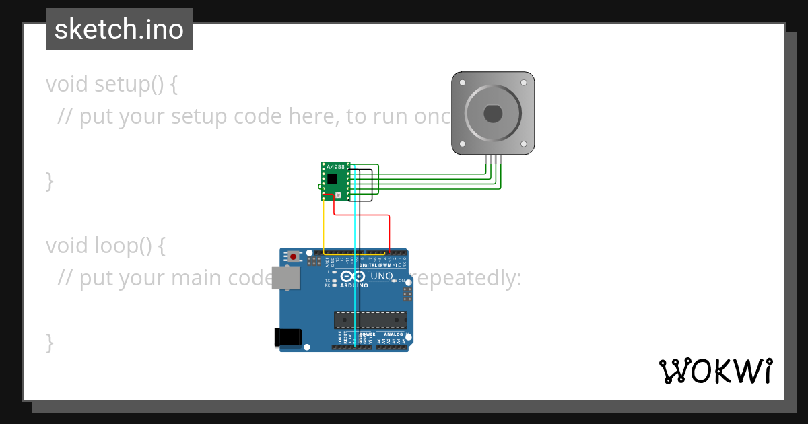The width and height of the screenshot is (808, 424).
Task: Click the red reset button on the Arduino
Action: (293, 256)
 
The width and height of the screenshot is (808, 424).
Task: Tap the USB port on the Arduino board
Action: (287, 277)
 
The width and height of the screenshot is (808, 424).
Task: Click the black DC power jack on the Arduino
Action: (288, 337)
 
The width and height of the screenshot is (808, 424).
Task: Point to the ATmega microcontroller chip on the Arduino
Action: (370, 320)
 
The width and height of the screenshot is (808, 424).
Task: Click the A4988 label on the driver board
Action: (336, 166)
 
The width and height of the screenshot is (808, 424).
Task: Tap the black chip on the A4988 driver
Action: (332, 179)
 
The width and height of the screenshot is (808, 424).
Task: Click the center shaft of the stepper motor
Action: (492, 114)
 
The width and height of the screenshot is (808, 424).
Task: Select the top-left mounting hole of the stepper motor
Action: (461, 82)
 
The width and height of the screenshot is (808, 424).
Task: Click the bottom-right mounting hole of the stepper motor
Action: (524, 144)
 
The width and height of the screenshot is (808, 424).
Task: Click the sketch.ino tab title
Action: (119, 30)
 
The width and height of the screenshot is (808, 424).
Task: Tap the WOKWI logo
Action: (715, 371)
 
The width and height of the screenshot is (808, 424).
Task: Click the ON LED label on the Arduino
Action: (402, 281)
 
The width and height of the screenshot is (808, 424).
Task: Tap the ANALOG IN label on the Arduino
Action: (396, 334)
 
